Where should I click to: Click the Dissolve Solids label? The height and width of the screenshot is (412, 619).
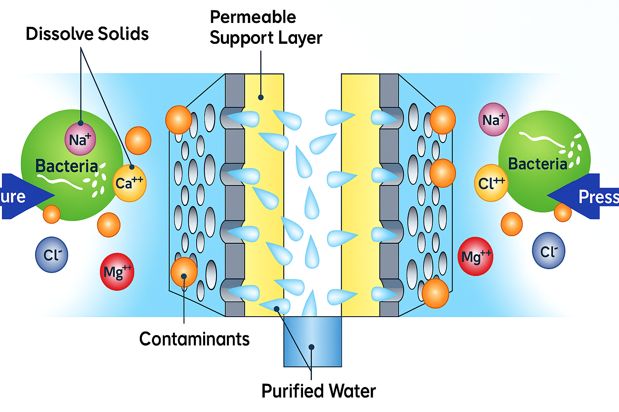(x=87, y=34)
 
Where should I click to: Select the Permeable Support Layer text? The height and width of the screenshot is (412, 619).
(x=265, y=28)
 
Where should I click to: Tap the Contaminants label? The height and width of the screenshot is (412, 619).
(x=194, y=339)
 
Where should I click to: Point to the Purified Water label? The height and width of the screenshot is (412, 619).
(x=318, y=391)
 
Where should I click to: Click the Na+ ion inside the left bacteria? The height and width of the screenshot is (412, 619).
(x=80, y=139)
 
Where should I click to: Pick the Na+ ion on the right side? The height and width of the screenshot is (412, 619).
(x=493, y=119)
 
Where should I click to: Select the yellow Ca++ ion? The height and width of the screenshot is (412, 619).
(x=129, y=183)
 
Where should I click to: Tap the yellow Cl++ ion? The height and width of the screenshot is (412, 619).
(x=491, y=183)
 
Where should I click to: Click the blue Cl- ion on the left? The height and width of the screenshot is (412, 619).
(x=52, y=255)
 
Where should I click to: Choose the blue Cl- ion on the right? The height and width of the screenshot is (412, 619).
(x=548, y=251)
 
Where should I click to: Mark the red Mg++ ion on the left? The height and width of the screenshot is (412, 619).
(x=117, y=272)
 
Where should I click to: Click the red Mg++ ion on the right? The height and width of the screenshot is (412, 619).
(x=476, y=256)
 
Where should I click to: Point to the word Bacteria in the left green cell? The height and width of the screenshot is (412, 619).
(x=66, y=166)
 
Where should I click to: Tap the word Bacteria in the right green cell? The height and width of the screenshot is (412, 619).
(x=538, y=164)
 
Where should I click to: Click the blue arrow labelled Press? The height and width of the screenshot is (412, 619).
(x=584, y=196)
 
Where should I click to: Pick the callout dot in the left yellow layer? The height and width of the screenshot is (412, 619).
(x=261, y=97)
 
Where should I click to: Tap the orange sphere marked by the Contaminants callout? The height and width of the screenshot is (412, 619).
(x=184, y=272)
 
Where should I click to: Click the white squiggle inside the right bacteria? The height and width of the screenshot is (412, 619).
(x=540, y=139)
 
